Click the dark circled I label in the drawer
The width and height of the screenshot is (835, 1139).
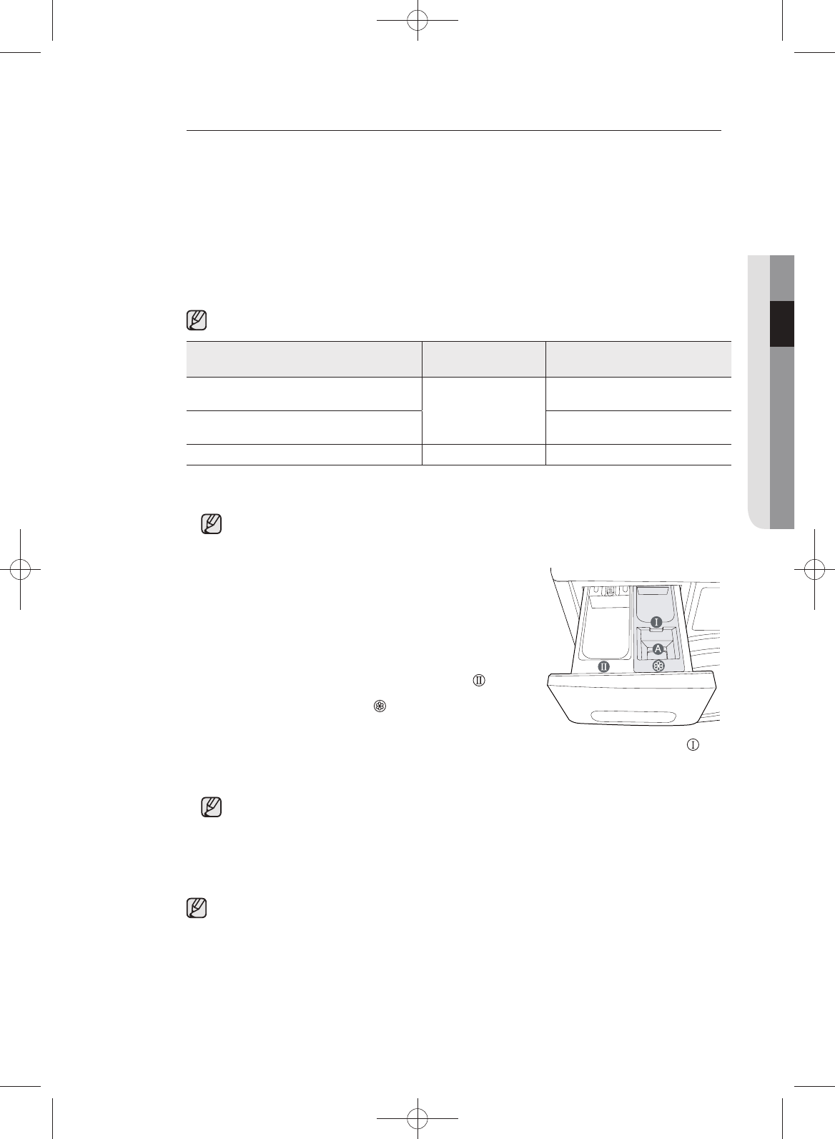pyautogui.click(x=656, y=622)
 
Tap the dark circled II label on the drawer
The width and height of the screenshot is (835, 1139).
pyautogui.click(x=603, y=666)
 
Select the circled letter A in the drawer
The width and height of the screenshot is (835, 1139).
pyautogui.click(x=658, y=649)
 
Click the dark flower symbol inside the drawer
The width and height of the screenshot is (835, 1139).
pyautogui.click(x=658, y=666)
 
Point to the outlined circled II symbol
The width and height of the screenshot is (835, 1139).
pyautogui.click(x=479, y=681)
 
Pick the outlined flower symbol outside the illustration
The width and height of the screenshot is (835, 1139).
pyautogui.click(x=380, y=706)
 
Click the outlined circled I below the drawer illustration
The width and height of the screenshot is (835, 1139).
pyautogui.click(x=693, y=745)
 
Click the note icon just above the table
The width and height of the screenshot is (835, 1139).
pyautogui.click(x=197, y=320)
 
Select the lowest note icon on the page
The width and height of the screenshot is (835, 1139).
pyautogui.click(x=197, y=907)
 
